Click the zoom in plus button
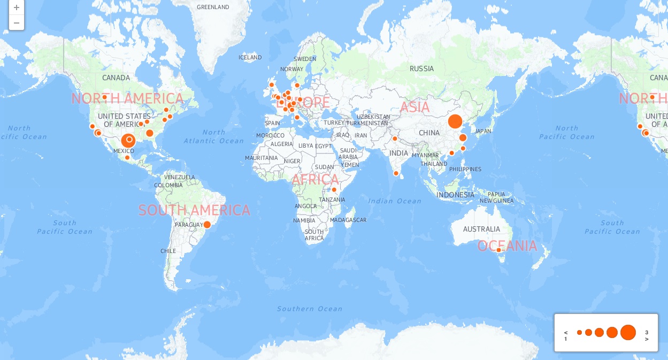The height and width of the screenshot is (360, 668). pos(17,8)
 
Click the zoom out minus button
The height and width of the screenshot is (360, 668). pos(17,22)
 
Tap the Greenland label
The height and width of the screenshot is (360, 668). pos(213,7)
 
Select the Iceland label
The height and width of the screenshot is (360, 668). pos(250,57)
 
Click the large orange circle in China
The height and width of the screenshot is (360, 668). pos(455,121)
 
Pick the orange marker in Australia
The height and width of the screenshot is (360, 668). pos(498,250)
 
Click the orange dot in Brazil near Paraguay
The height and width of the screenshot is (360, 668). pos(208,225)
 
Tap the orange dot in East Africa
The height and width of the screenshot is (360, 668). pos(334,189)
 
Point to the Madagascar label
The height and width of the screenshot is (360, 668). pos(348,220)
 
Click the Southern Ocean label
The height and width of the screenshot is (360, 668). pos(310,309)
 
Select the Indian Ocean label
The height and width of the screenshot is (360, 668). pos(395,201)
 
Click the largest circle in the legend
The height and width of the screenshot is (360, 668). pos(628,332)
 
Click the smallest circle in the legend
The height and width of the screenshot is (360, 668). pos(579,332)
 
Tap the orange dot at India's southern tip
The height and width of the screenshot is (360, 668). pos(396,173)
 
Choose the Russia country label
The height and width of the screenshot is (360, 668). pos(421,68)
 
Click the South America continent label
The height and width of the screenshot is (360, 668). pos(194,210)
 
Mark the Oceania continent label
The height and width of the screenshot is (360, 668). pos(507,246)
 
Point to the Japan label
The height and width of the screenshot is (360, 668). pos(482,131)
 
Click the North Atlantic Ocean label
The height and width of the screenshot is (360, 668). pos(214,136)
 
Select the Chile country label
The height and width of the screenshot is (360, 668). pos(168,251)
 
